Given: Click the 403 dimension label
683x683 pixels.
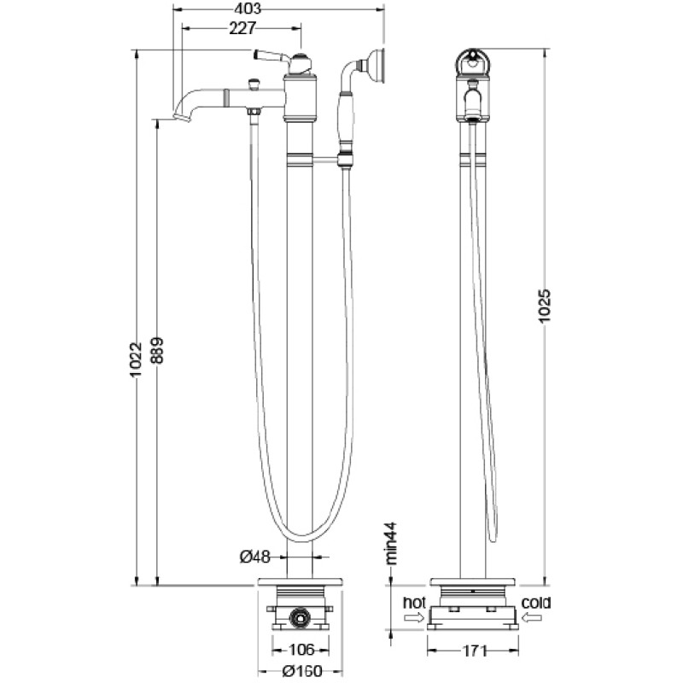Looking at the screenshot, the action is pos(247,9).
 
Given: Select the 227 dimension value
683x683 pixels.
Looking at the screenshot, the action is pos(242,28).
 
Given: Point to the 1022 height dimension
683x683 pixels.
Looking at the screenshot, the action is pos(136,359).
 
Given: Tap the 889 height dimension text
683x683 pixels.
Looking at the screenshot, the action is pos(157,350).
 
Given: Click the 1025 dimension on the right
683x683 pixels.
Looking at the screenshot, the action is pos(545,306).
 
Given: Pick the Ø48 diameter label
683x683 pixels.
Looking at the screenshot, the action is pos(255,557).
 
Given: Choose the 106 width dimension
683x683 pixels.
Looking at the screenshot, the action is pos(301,650).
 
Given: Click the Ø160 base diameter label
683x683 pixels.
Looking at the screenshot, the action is pos(302,671).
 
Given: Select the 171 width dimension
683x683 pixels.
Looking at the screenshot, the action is pos(473,651).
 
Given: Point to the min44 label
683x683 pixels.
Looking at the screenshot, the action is pos(392,543).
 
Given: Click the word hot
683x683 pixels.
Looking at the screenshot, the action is pos(414,603).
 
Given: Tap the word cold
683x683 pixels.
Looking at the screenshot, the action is pos(536,603).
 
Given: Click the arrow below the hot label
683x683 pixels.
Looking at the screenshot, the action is pos(414,617).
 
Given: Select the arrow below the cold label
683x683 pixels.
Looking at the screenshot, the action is pos(532,617).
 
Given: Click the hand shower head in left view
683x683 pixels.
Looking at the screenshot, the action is pos(376,65).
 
